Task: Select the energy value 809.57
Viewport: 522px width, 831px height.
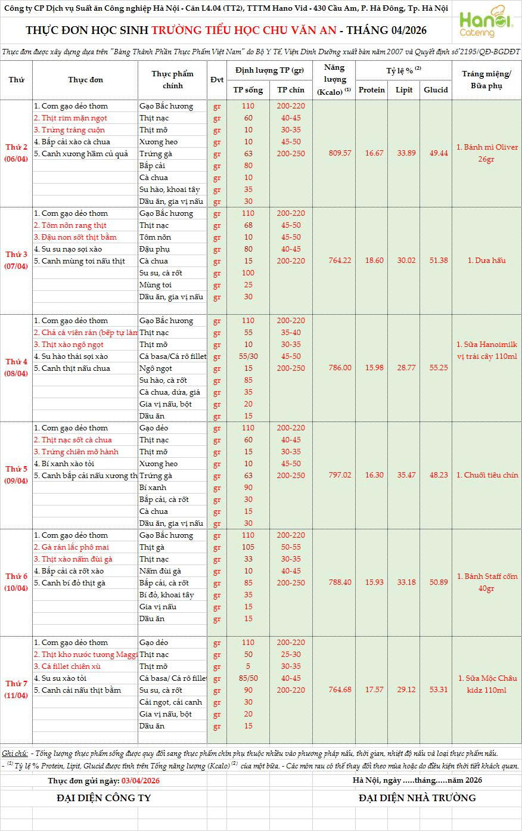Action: point(340,153)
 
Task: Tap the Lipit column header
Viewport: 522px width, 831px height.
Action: point(403,90)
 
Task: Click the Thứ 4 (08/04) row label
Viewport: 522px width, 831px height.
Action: point(17,368)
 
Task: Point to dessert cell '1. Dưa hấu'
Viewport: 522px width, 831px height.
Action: point(486,261)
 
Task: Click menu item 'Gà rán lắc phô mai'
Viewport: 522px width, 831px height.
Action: point(75,547)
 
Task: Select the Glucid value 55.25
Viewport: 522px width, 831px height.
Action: point(435,368)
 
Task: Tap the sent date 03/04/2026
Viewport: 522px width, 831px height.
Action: point(140,780)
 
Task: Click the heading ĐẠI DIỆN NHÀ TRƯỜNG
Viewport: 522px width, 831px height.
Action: point(417,798)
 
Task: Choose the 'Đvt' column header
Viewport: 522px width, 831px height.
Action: point(217,80)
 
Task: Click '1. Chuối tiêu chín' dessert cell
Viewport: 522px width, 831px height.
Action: point(486,475)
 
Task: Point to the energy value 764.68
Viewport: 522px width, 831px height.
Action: point(340,690)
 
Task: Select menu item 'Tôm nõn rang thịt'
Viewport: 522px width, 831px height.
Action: point(74,225)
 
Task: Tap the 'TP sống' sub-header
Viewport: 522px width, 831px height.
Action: point(248,90)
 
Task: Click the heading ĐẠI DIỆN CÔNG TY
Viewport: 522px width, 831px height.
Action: point(104,798)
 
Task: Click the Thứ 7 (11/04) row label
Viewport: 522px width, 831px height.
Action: point(17,690)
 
